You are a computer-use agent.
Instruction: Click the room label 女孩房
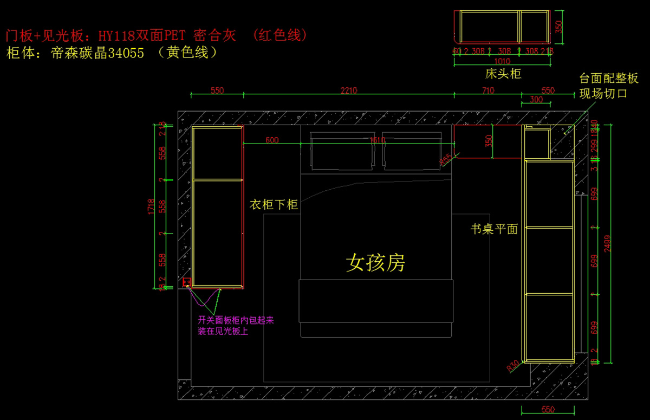(375, 263)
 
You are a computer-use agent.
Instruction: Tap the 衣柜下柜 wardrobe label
(274, 205)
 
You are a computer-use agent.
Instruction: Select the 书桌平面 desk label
(494, 229)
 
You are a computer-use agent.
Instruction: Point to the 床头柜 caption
(503, 74)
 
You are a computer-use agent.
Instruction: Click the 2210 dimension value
(348, 91)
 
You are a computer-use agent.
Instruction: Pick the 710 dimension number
(488, 91)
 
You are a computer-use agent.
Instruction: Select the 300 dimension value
(536, 100)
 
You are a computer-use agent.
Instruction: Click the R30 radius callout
(512, 366)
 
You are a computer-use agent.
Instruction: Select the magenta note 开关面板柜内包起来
(236, 320)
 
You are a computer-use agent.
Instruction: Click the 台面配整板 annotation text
(609, 79)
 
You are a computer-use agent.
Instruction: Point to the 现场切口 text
(603, 93)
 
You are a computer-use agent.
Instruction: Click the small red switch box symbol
(187, 282)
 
